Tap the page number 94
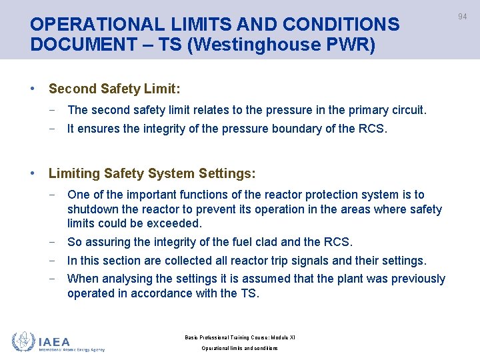click(x=462, y=17)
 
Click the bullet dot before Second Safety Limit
click(x=33, y=89)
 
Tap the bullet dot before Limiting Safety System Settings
click(x=33, y=173)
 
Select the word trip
click(x=289, y=261)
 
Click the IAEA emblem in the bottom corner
click(x=24, y=341)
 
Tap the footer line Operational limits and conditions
click(x=239, y=348)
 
